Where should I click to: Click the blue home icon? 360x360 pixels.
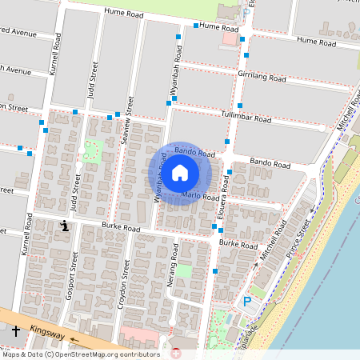[x=180, y=172]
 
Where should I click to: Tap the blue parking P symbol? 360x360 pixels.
[x=247, y=302]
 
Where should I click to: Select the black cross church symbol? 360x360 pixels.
[x=16, y=330]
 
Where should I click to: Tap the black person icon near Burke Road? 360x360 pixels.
[x=64, y=226]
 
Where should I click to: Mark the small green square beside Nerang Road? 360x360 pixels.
[x=184, y=271]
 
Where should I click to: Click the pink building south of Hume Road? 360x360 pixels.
[x=230, y=38]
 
